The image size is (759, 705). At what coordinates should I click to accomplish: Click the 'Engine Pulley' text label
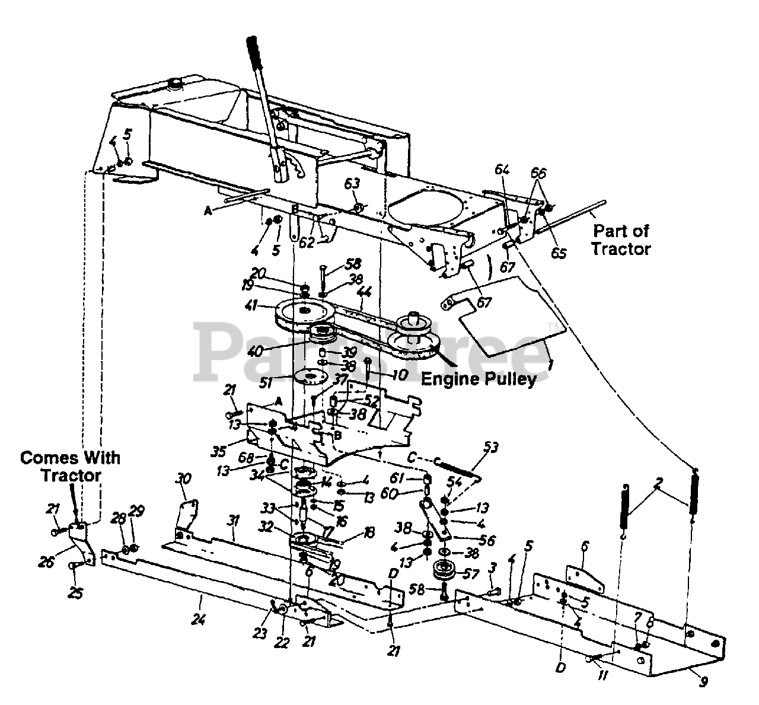(x=479, y=379)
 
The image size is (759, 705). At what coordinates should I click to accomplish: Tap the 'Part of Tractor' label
(x=621, y=240)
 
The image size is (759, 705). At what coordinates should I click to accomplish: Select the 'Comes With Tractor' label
(x=70, y=466)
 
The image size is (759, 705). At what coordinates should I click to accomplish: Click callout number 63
(x=352, y=184)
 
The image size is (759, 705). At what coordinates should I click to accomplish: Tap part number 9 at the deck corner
(x=704, y=682)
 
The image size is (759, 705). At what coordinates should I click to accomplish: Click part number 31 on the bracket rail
(x=233, y=521)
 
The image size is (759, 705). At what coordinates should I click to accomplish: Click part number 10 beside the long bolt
(x=399, y=375)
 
